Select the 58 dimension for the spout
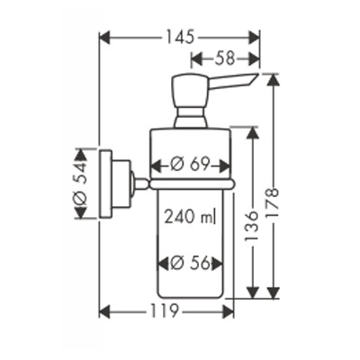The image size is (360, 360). (x=225, y=58)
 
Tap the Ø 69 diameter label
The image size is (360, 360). (x=189, y=165)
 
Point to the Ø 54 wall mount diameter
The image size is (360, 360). (x=80, y=183)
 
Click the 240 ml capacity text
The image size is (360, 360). (x=190, y=216)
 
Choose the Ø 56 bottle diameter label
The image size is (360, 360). (x=190, y=264)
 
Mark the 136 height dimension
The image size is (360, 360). (x=251, y=226)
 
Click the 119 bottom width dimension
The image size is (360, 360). (x=163, y=311)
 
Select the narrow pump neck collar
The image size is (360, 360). (x=191, y=117)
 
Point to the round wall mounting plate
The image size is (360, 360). (x=105, y=184)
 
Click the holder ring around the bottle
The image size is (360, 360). (x=192, y=184)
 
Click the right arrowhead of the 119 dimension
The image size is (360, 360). (x=229, y=311)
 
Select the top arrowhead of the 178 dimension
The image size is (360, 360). (x=273, y=79)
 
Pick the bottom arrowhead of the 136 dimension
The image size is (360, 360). (x=252, y=292)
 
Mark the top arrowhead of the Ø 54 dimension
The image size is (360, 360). (x=80, y=154)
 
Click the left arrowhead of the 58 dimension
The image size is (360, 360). (x=196, y=58)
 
